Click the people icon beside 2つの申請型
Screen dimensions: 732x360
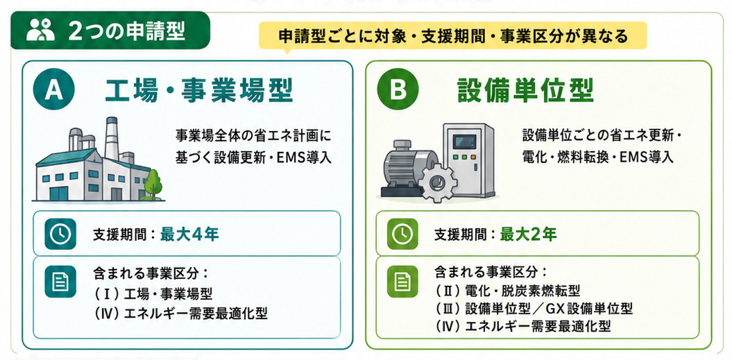pos(40,31)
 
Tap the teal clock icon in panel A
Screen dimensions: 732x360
pos(60,234)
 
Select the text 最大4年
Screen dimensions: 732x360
pos(189,234)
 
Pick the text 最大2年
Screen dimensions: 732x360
pos(529,234)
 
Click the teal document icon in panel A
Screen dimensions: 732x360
pos(60,282)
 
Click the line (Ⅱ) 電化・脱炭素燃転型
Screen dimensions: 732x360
pos(508,291)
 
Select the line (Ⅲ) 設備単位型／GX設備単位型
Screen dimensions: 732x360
pos(534,309)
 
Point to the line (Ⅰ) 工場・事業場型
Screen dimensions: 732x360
pos(153,294)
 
